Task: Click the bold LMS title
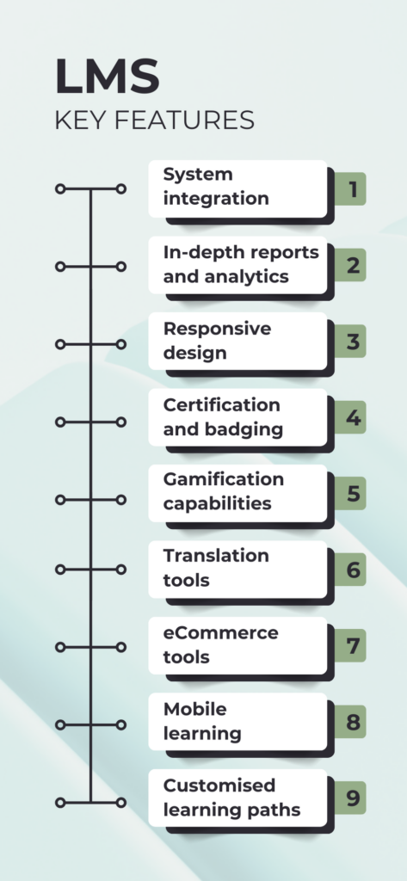pyautogui.click(x=107, y=77)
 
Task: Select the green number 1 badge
pyautogui.click(x=350, y=188)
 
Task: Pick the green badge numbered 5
pyautogui.click(x=350, y=493)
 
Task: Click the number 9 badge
pyautogui.click(x=350, y=798)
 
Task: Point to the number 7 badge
pyautogui.click(x=350, y=645)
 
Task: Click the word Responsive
pyautogui.click(x=217, y=330)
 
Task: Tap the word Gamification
pyautogui.click(x=223, y=479)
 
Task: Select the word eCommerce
pyautogui.click(x=221, y=632)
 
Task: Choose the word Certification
pyautogui.click(x=221, y=404)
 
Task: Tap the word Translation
pyautogui.click(x=216, y=556)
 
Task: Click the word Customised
pyautogui.click(x=219, y=785)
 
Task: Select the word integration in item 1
pyautogui.click(x=216, y=199)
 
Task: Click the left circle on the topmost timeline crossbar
pyautogui.click(x=60, y=188)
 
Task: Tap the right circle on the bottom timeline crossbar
pyautogui.click(x=120, y=803)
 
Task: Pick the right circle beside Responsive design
pyautogui.click(x=120, y=344)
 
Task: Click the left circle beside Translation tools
pyautogui.click(x=60, y=570)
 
